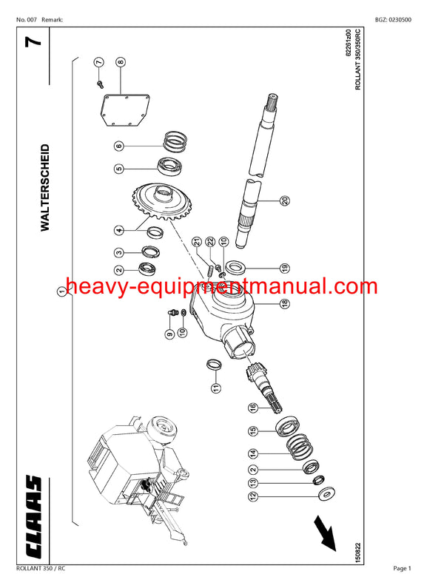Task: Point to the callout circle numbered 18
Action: [x=284, y=303]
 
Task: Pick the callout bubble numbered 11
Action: [x=214, y=388]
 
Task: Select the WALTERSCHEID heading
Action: [x=44, y=188]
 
